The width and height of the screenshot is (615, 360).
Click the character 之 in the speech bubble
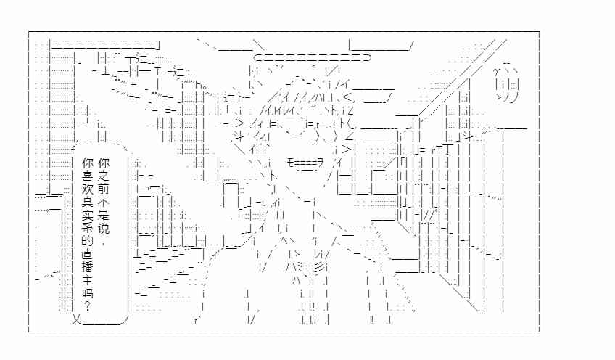[104, 176]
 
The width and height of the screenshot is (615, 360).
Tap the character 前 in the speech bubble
[104, 189]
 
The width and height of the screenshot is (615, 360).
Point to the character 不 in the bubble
[104, 202]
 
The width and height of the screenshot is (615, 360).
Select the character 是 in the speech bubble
[104, 215]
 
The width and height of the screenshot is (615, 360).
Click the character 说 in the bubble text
[104, 228]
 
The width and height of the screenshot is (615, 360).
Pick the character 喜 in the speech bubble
[88, 176]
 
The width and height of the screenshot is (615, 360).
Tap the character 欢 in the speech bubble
[88, 189]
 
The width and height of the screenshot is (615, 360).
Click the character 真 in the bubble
[88, 202]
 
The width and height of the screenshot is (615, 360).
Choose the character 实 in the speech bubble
[88, 215]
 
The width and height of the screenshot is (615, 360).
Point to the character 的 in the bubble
[88, 241]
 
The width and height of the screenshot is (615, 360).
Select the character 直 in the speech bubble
[88, 254]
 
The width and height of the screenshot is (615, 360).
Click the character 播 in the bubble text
[88, 267]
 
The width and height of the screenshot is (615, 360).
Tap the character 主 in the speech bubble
[88, 280]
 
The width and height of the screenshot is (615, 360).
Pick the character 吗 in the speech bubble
[88, 293]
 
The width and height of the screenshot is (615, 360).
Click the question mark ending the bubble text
[88, 306]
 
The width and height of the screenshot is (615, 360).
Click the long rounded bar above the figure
[312, 58]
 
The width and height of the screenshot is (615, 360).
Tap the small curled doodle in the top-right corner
[507, 83]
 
